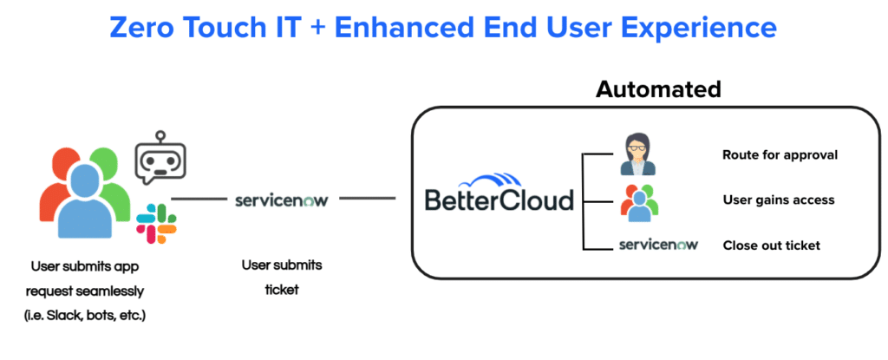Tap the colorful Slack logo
point(156,224)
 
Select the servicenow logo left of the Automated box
point(281,200)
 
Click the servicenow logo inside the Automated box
point(659,245)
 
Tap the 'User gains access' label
point(778,200)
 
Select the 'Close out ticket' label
point(771,245)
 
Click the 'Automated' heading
point(658,88)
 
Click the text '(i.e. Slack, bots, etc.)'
point(84,315)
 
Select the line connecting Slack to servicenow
point(203,200)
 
